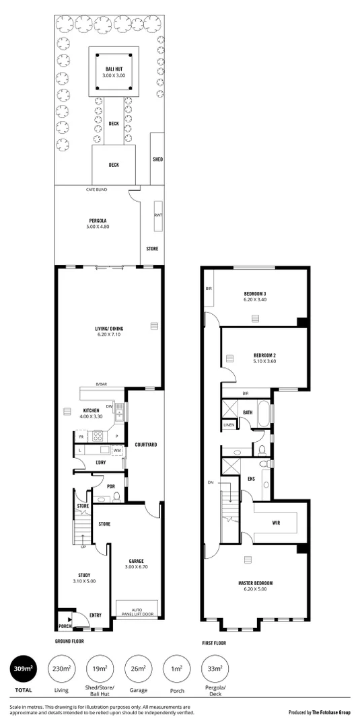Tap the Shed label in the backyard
click(157, 159)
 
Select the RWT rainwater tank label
click(158, 215)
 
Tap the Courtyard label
click(146, 445)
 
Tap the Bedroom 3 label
click(255, 297)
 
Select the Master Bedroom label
click(254, 586)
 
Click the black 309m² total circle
click(23, 670)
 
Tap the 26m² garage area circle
click(137, 670)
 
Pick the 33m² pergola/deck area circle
click(215, 670)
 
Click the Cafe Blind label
click(96, 190)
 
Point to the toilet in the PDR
click(116, 497)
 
